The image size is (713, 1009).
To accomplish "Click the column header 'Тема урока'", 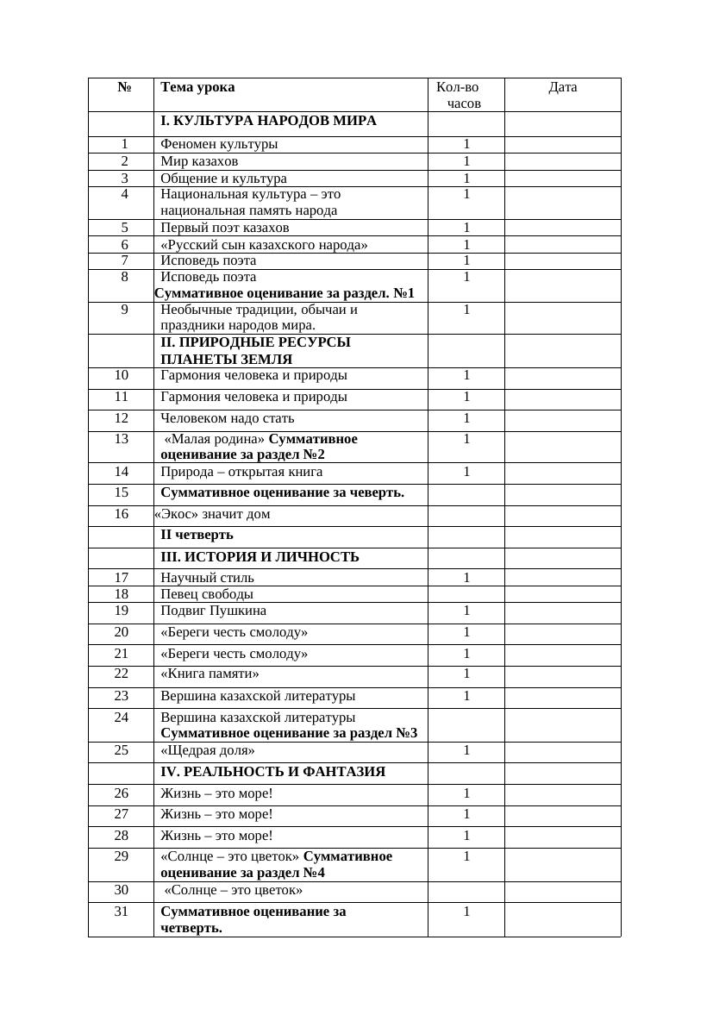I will [x=197, y=87].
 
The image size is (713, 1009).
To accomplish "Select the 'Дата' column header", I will [x=562, y=87].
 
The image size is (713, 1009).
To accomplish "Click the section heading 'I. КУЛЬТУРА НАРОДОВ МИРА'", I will [x=268, y=121].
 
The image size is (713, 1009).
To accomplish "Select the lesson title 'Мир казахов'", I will [x=199, y=161].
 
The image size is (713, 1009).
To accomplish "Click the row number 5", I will [x=124, y=228].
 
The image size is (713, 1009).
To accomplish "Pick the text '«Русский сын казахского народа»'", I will [x=264, y=245].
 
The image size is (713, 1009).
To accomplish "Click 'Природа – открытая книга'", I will [x=241, y=472].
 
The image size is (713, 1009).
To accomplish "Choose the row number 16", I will [x=121, y=514].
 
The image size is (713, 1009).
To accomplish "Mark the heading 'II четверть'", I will [x=197, y=535].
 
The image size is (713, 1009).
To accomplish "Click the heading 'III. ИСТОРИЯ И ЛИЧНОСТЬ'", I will [x=260, y=557].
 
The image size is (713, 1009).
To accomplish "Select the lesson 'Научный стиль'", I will [x=207, y=578].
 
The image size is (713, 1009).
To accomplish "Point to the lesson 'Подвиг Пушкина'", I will [x=213, y=611].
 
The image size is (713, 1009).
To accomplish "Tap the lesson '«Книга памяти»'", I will [x=210, y=674].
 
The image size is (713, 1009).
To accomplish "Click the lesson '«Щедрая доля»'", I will [x=207, y=750].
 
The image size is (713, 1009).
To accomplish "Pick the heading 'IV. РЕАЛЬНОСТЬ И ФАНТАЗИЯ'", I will [x=272, y=771].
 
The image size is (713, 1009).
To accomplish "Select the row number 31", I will [x=121, y=912].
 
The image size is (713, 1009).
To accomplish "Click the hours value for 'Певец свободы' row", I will [x=466, y=594].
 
